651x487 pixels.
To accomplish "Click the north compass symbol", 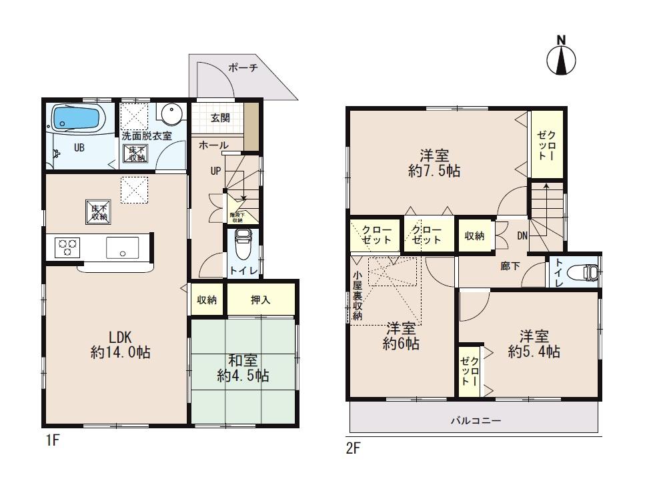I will [561, 59].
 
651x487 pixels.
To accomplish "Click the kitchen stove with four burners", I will [67, 248].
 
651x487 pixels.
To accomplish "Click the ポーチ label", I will [242, 67].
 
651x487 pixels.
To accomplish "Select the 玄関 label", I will [220, 118].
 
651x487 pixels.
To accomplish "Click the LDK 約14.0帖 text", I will [120, 344].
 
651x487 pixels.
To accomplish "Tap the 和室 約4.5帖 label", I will [243, 368].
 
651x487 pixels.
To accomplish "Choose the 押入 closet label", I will [260, 300].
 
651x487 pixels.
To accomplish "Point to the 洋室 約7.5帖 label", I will [434, 163].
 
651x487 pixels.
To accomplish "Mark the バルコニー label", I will [476, 421].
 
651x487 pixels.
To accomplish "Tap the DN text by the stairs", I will [522, 235].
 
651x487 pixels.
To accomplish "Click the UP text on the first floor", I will [215, 171].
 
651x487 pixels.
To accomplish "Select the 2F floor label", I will [353, 448].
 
